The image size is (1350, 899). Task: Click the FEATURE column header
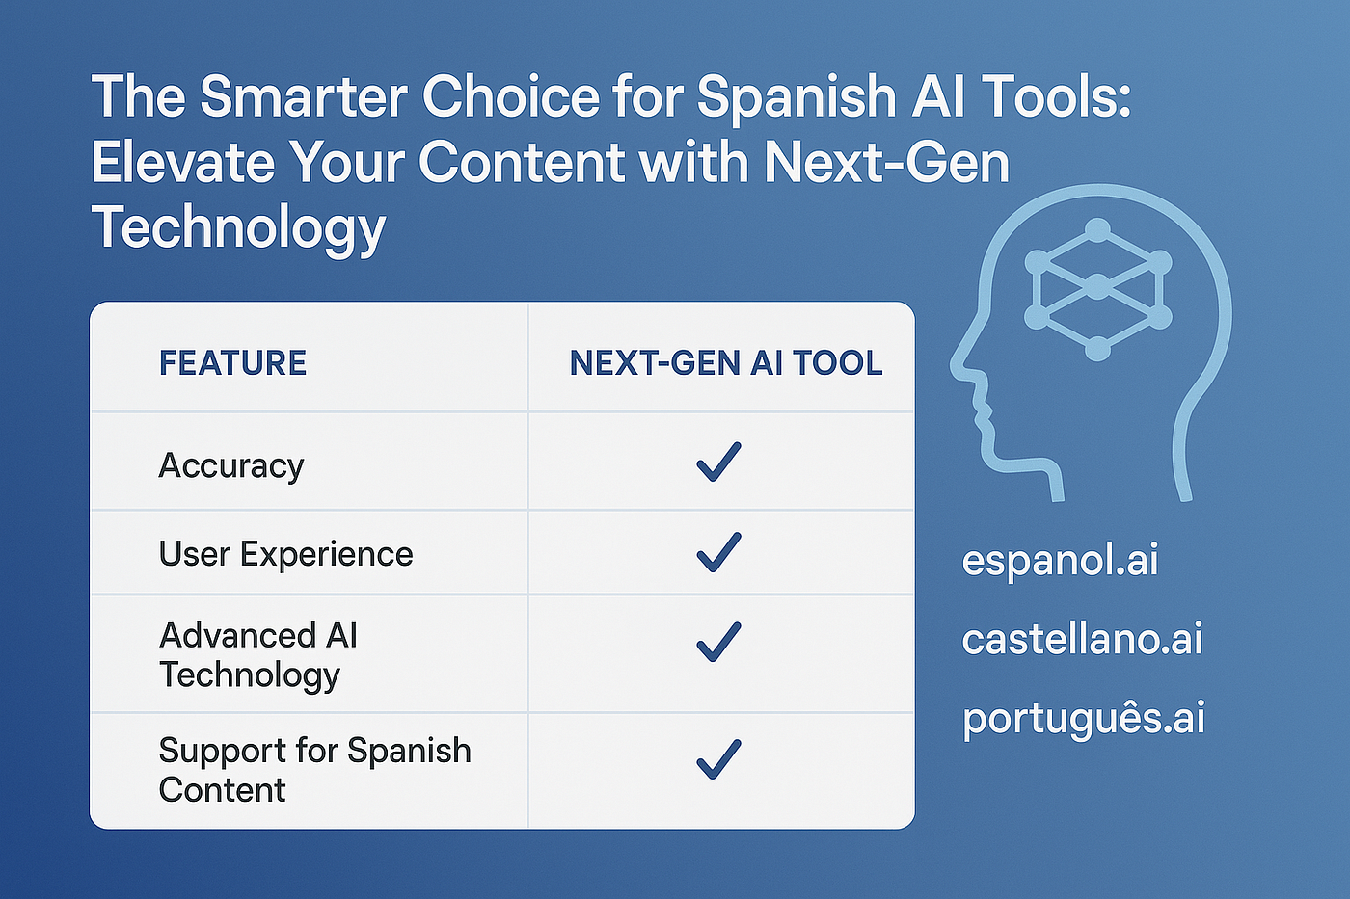(232, 362)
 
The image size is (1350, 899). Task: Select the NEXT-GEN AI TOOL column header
(726, 362)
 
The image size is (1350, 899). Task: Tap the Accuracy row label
(230, 466)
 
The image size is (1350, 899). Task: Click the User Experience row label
(285, 554)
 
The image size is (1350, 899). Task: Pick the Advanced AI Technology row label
(258, 655)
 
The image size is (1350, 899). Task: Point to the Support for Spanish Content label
(314, 770)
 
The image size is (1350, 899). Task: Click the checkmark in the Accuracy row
(718, 462)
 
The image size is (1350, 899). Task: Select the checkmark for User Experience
(718, 552)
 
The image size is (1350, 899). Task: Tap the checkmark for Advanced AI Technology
(718, 642)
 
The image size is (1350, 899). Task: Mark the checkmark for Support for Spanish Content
(718, 759)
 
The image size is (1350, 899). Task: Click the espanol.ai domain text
(1060, 561)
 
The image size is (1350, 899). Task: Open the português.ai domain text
(1083, 719)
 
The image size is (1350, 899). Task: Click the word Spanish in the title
(796, 97)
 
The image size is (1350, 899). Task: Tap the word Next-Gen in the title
(886, 162)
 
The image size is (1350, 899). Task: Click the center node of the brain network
(1097, 286)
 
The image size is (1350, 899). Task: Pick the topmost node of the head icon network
(1097, 231)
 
